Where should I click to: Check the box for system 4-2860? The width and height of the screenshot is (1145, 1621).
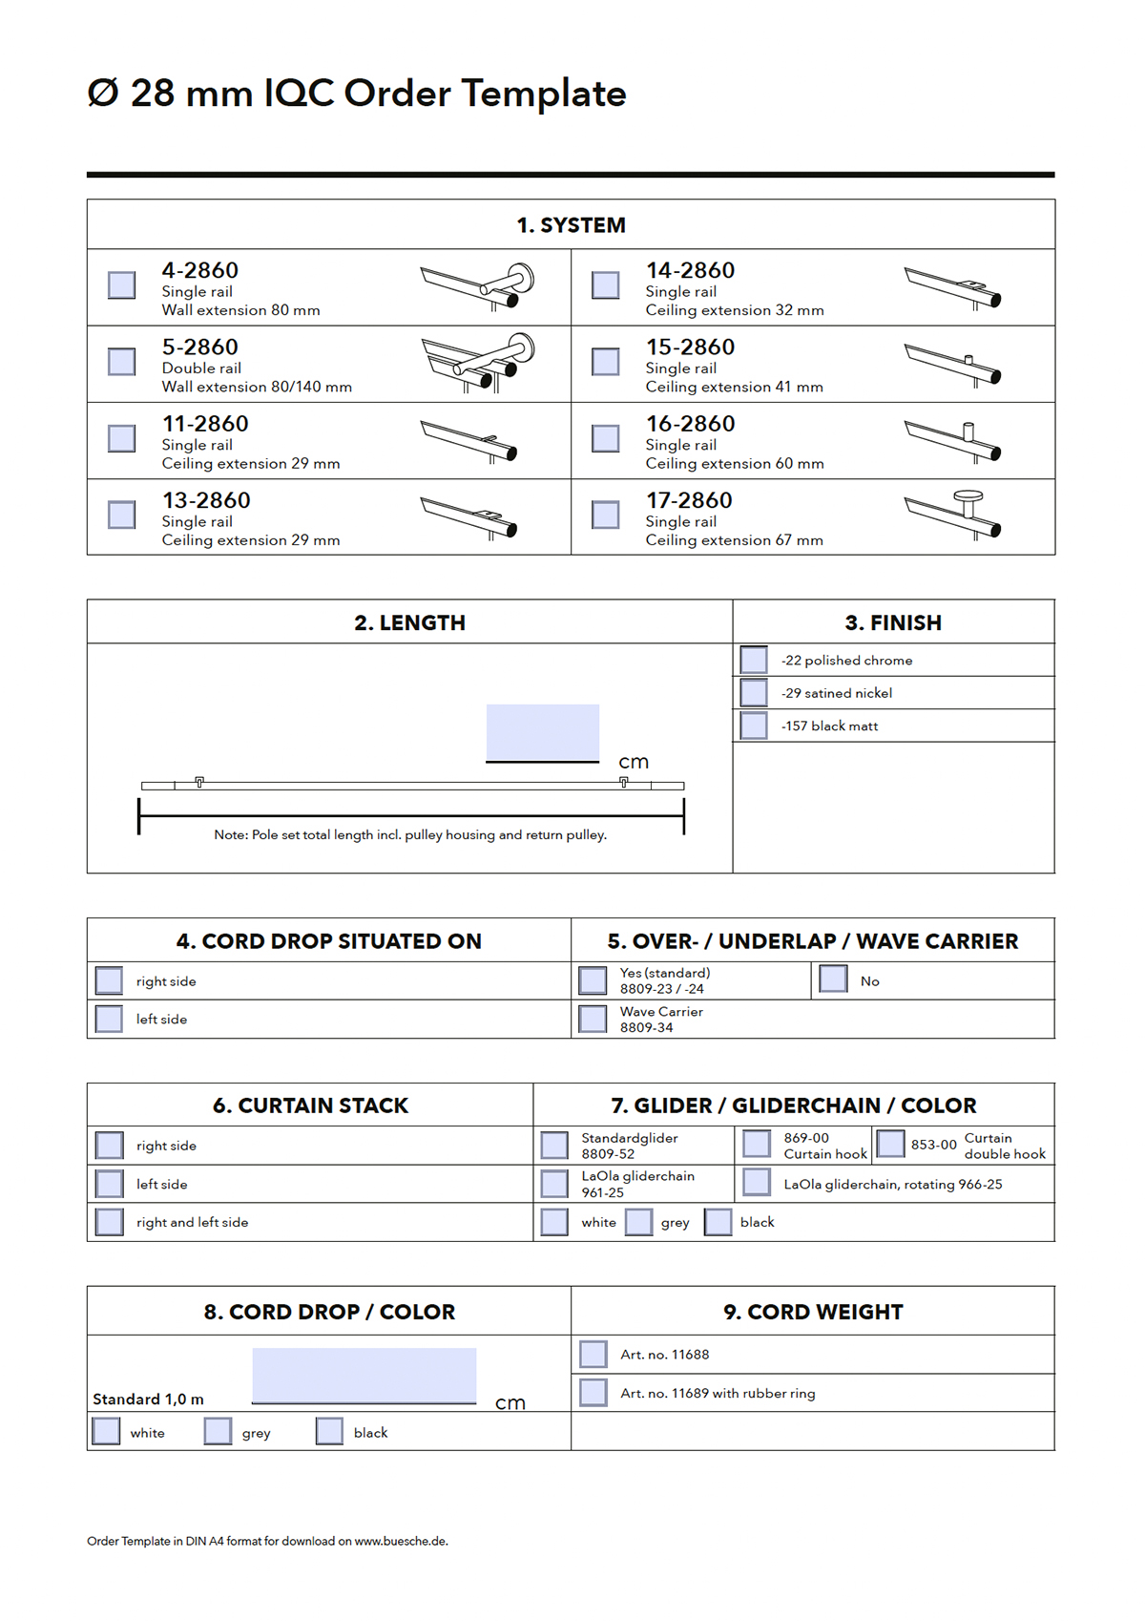(121, 284)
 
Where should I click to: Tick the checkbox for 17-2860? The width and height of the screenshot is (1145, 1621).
(605, 515)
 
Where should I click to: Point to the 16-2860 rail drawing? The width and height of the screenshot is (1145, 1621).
(952, 440)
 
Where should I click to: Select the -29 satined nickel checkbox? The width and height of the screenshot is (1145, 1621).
(754, 692)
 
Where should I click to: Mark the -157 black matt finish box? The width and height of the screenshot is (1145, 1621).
(754, 726)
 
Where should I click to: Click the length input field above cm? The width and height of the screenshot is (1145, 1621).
(542, 732)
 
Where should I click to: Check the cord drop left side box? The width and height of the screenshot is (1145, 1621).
(109, 1019)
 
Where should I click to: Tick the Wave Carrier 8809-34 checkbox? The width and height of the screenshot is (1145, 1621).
(593, 1019)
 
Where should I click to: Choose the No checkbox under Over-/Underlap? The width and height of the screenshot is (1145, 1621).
(833, 979)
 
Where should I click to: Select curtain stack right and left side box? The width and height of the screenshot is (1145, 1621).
(110, 1222)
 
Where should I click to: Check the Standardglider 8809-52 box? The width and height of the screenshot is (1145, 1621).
(554, 1145)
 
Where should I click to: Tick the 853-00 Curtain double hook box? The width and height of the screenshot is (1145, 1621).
(890, 1144)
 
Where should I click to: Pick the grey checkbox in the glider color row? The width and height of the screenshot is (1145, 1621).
(638, 1222)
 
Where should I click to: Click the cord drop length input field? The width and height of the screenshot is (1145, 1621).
(364, 1375)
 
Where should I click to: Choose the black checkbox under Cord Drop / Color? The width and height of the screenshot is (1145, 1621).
(329, 1431)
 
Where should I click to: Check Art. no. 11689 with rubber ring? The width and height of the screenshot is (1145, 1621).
(593, 1393)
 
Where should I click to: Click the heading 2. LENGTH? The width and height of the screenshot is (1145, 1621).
(409, 622)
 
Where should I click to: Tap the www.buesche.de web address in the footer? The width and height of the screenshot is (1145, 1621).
(401, 1541)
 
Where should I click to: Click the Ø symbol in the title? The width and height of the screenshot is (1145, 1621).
(103, 94)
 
